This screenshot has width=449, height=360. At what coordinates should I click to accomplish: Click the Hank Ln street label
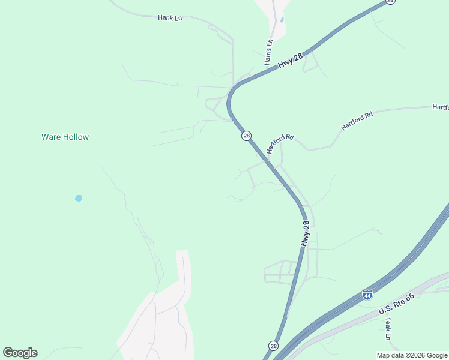point(169,18)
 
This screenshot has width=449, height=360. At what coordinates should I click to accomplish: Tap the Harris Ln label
point(268,52)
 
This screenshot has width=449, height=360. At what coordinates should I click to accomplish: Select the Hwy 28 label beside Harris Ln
point(292,58)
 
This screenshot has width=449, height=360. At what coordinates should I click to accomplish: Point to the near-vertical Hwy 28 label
point(306,233)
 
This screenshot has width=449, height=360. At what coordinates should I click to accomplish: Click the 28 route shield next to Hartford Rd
point(247,136)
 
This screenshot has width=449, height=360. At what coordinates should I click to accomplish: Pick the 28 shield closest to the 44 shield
point(274,346)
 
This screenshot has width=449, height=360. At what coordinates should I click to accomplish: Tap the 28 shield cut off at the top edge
point(391,2)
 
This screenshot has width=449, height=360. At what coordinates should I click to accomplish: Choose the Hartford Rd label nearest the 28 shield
point(280,143)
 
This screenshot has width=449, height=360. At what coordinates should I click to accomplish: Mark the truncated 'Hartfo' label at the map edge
point(441,107)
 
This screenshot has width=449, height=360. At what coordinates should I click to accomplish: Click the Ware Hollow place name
point(65,137)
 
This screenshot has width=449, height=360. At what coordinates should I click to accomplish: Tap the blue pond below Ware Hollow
point(78,198)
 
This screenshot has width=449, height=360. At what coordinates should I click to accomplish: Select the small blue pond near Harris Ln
point(282,20)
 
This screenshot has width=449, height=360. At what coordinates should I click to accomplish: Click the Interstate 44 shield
point(367,295)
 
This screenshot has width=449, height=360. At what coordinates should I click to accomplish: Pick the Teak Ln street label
point(388,328)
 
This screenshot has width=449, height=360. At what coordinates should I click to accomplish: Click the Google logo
point(20,353)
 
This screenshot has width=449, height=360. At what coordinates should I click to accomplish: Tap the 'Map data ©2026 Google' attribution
point(412,355)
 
